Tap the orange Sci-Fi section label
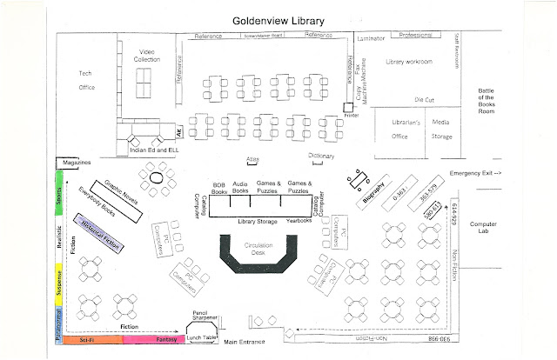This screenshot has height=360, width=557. point(85,341)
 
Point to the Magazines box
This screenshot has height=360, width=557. point(75,163)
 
